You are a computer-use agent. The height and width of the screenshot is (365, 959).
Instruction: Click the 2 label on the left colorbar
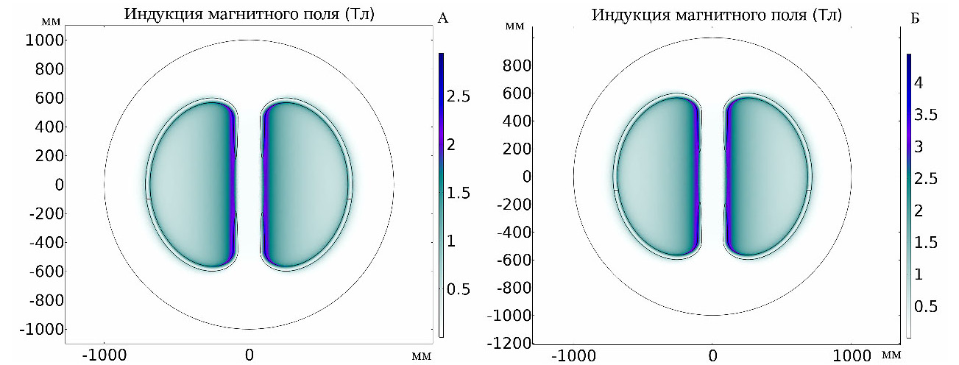[x=456, y=144]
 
